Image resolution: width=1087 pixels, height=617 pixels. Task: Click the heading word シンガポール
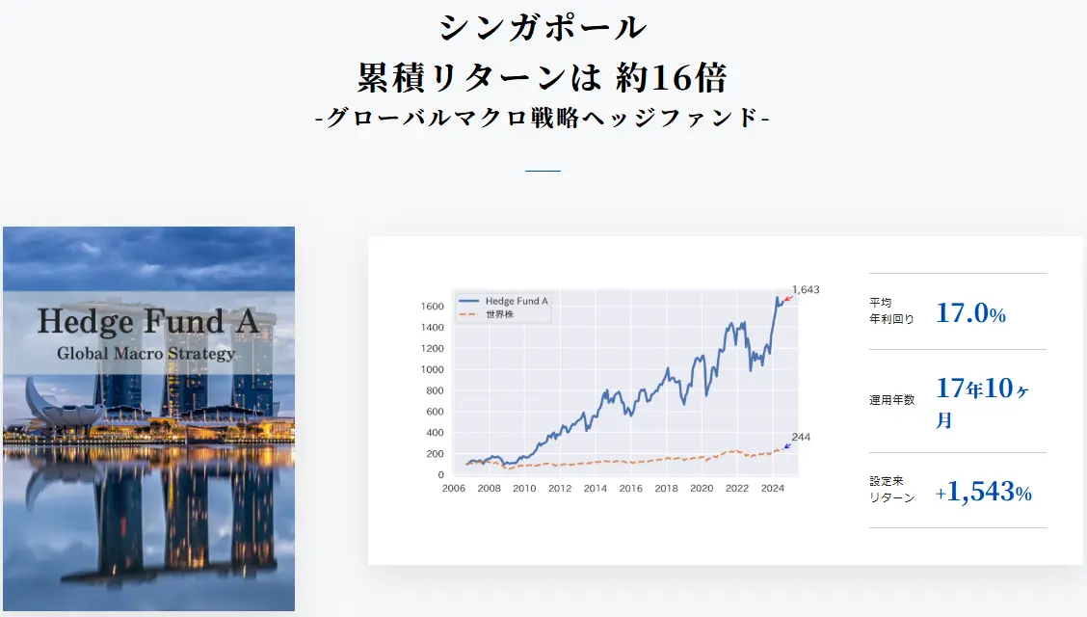pos(543,27)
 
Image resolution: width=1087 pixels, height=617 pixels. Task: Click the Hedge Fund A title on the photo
pos(148,320)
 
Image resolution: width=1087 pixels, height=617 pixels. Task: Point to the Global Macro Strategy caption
pos(146,353)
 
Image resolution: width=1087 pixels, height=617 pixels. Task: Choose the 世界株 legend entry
pos(499,314)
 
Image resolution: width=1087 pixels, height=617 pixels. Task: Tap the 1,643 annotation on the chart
pos(806,290)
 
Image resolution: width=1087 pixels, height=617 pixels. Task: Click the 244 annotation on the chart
pos(801,437)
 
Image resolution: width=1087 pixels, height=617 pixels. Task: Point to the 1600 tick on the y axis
pos(433,307)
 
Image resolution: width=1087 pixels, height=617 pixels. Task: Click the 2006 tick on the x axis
pos(454,489)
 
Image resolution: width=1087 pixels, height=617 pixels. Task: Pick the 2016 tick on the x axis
pos(631,489)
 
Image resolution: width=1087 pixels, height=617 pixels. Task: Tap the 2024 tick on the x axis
pos(773,489)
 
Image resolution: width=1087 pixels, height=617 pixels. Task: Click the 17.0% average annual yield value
pos(970,313)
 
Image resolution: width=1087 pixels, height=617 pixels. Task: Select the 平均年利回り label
pos(891,310)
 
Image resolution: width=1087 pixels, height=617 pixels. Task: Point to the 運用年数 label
pos(891,400)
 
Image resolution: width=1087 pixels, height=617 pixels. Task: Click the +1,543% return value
pos(983,493)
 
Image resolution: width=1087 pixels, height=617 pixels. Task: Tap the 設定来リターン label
pos(891,490)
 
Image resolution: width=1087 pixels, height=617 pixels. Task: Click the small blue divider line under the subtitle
pos(543,171)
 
